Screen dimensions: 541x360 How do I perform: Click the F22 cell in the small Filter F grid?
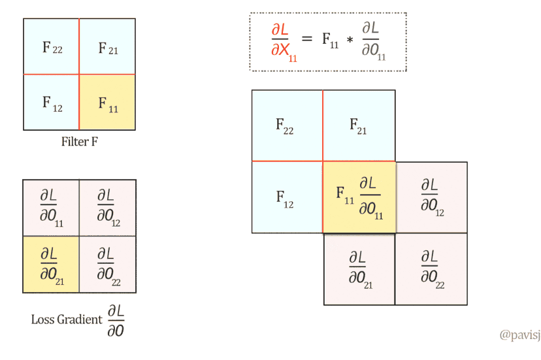52,47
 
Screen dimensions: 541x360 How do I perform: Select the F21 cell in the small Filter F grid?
107,47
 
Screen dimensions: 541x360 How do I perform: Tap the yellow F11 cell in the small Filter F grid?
107,103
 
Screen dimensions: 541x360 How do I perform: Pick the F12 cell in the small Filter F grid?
52,103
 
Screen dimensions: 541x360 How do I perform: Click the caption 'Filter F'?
80,142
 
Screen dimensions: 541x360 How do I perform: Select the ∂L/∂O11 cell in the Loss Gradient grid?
50,206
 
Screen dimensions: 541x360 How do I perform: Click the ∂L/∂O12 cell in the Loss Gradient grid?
107,206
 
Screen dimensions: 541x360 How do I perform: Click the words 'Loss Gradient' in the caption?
66,319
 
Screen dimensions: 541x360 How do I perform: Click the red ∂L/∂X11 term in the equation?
284,41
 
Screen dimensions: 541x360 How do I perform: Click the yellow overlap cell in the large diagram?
359,197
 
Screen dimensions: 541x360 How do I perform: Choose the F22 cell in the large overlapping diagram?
287,125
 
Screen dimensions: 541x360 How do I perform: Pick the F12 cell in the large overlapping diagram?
287,197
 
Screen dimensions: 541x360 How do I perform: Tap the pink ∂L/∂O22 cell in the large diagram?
431,269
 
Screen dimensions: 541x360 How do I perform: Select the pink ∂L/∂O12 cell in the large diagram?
431,197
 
